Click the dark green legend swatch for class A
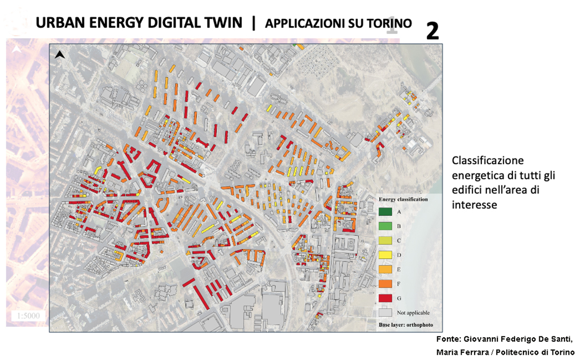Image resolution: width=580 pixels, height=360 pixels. (385, 212)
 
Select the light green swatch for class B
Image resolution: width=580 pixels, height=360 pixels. (385, 226)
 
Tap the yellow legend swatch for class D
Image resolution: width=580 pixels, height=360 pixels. (385, 255)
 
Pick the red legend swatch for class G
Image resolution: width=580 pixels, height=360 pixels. (385, 297)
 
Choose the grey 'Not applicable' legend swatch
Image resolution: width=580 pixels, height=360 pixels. (385, 311)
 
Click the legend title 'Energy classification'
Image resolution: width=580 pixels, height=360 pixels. (403, 199)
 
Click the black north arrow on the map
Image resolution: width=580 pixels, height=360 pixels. (60, 55)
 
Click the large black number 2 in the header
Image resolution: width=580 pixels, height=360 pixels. (432, 31)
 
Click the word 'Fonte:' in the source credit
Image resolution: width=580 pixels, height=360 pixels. (449, 338)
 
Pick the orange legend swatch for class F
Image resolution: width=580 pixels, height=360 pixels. (385, 283)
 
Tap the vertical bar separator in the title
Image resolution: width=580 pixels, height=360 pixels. (253, 23)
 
